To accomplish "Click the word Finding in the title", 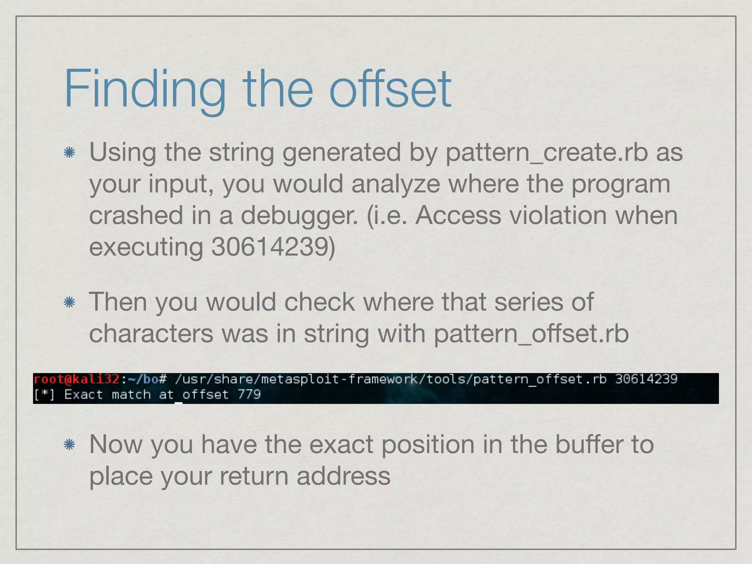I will coord(145,90).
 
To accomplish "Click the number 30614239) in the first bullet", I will coord(273,247).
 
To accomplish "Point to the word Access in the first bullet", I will coord(458,215).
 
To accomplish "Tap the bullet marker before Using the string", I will coord(69,152).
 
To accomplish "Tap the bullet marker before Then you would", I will coord(69,303).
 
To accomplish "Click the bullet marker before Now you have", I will coord(69,445).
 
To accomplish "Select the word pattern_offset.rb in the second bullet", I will coord(531,334).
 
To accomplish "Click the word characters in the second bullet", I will coord(151,333).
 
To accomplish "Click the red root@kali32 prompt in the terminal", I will coord(76,379).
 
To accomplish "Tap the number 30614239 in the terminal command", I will coord(646,379).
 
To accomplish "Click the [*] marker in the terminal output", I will coord(44,395).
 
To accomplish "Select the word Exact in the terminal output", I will coord(83,395).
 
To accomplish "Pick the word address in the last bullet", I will coord(343,477).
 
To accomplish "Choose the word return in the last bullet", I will coord(253,477).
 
